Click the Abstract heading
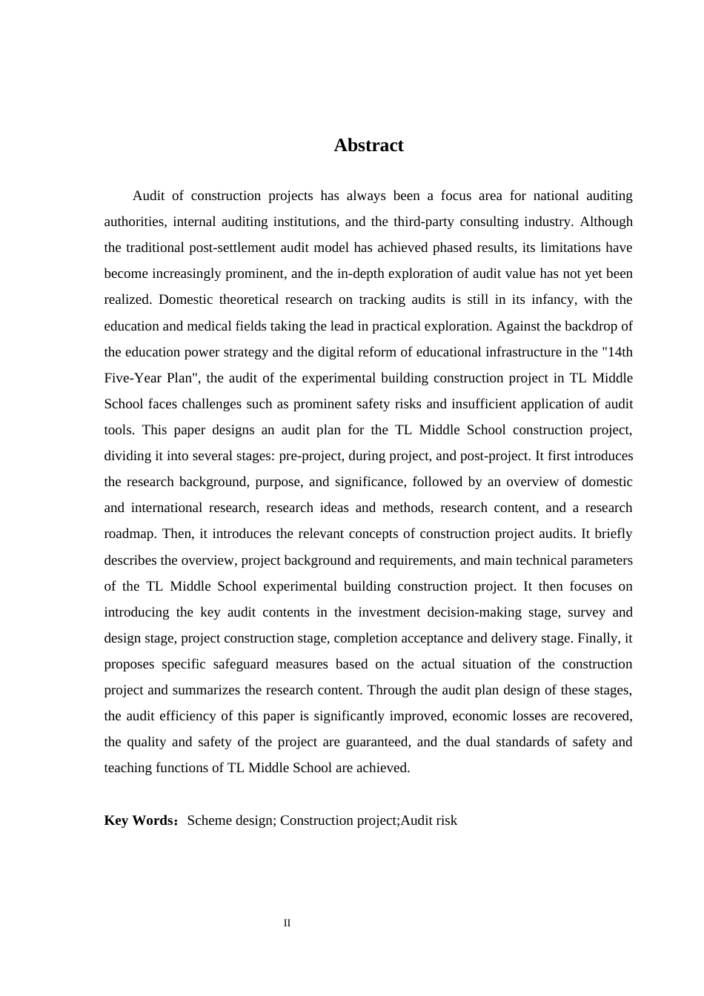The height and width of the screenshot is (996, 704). coord(368,145)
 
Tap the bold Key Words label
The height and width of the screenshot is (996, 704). coord(139,820)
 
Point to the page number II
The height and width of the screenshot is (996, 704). coord(287,923)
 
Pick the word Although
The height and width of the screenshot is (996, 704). coord(606,222)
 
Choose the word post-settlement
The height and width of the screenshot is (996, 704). coord(225,248)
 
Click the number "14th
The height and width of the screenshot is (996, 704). coord(617,352)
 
